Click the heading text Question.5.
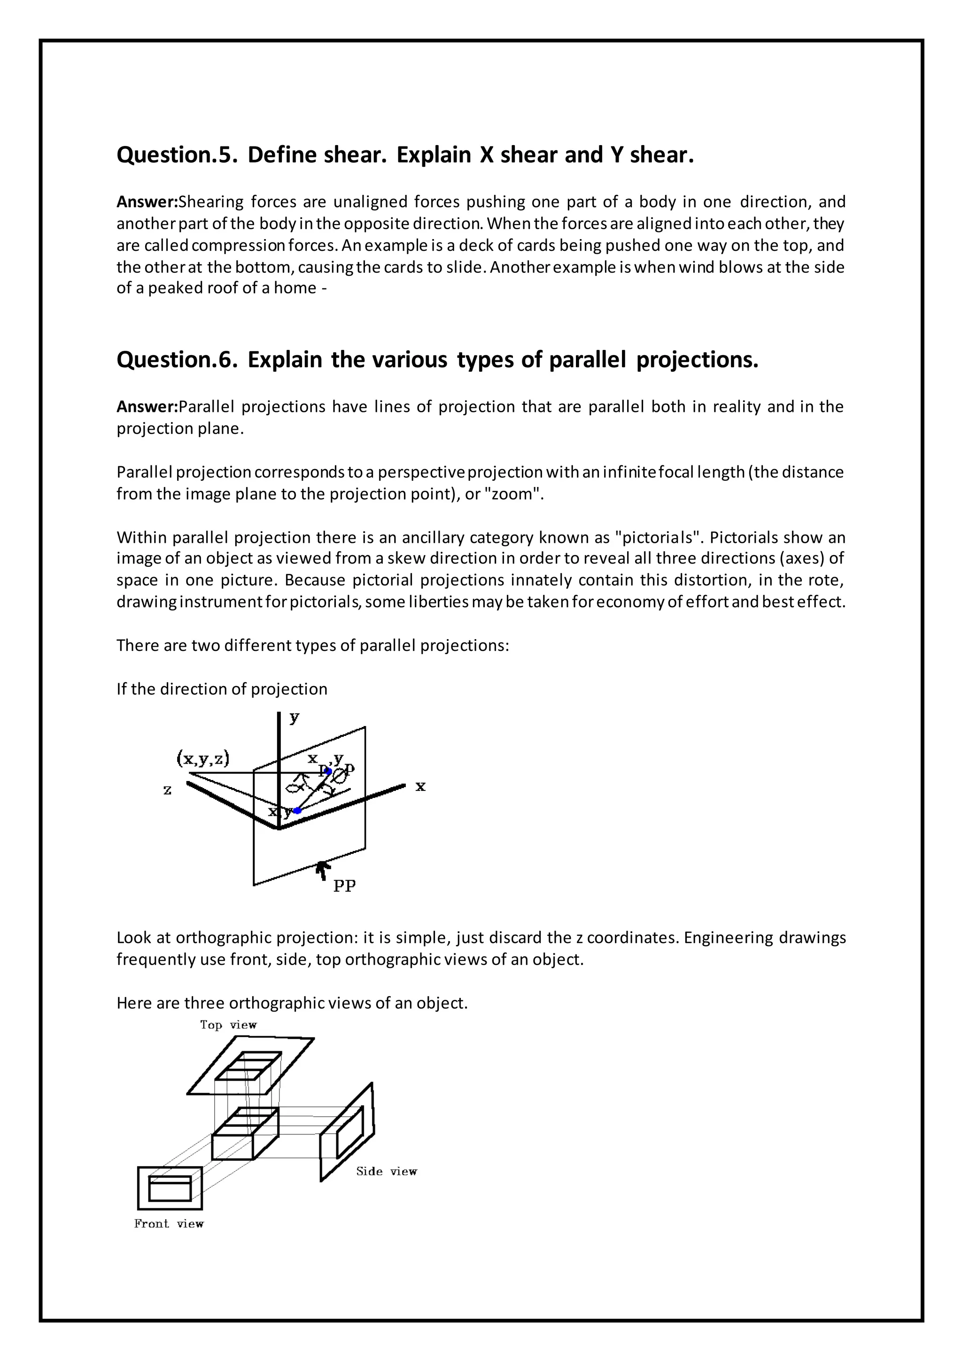click(177, 155)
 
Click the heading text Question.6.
click(177, 360)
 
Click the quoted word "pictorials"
click(658, 538)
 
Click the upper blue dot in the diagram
click(329, 771)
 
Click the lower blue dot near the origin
click(298, 810)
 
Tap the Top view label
click(228, 1025)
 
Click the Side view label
click(386, 1172)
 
